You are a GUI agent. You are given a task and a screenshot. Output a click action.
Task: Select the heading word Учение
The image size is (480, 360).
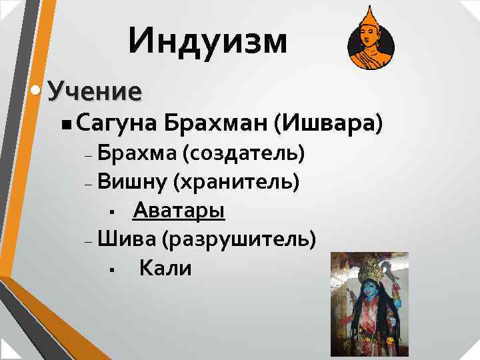pyautogui.click(x=95, y=91)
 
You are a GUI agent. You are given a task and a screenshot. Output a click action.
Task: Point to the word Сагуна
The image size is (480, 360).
pyautogui.click(x=115, y=123)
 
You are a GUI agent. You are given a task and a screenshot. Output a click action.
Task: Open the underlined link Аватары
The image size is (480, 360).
pyautogui.click(x=179, y=211)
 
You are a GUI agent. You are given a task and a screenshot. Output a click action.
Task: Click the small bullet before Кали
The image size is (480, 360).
pyautogui.click(x=113, y=270)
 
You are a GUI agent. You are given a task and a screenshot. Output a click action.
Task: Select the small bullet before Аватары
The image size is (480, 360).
pyautogui.click(x=113, y=213)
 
